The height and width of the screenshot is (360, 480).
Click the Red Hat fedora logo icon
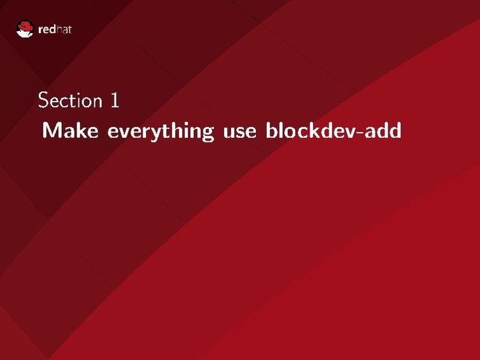[25, 29]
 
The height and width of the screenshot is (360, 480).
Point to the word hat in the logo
[64, 29]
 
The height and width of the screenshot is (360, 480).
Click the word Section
[69, 100]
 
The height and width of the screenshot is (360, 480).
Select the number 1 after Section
[115, 100]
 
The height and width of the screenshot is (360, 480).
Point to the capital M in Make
[51, 131]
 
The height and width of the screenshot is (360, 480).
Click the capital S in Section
[43, 100]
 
